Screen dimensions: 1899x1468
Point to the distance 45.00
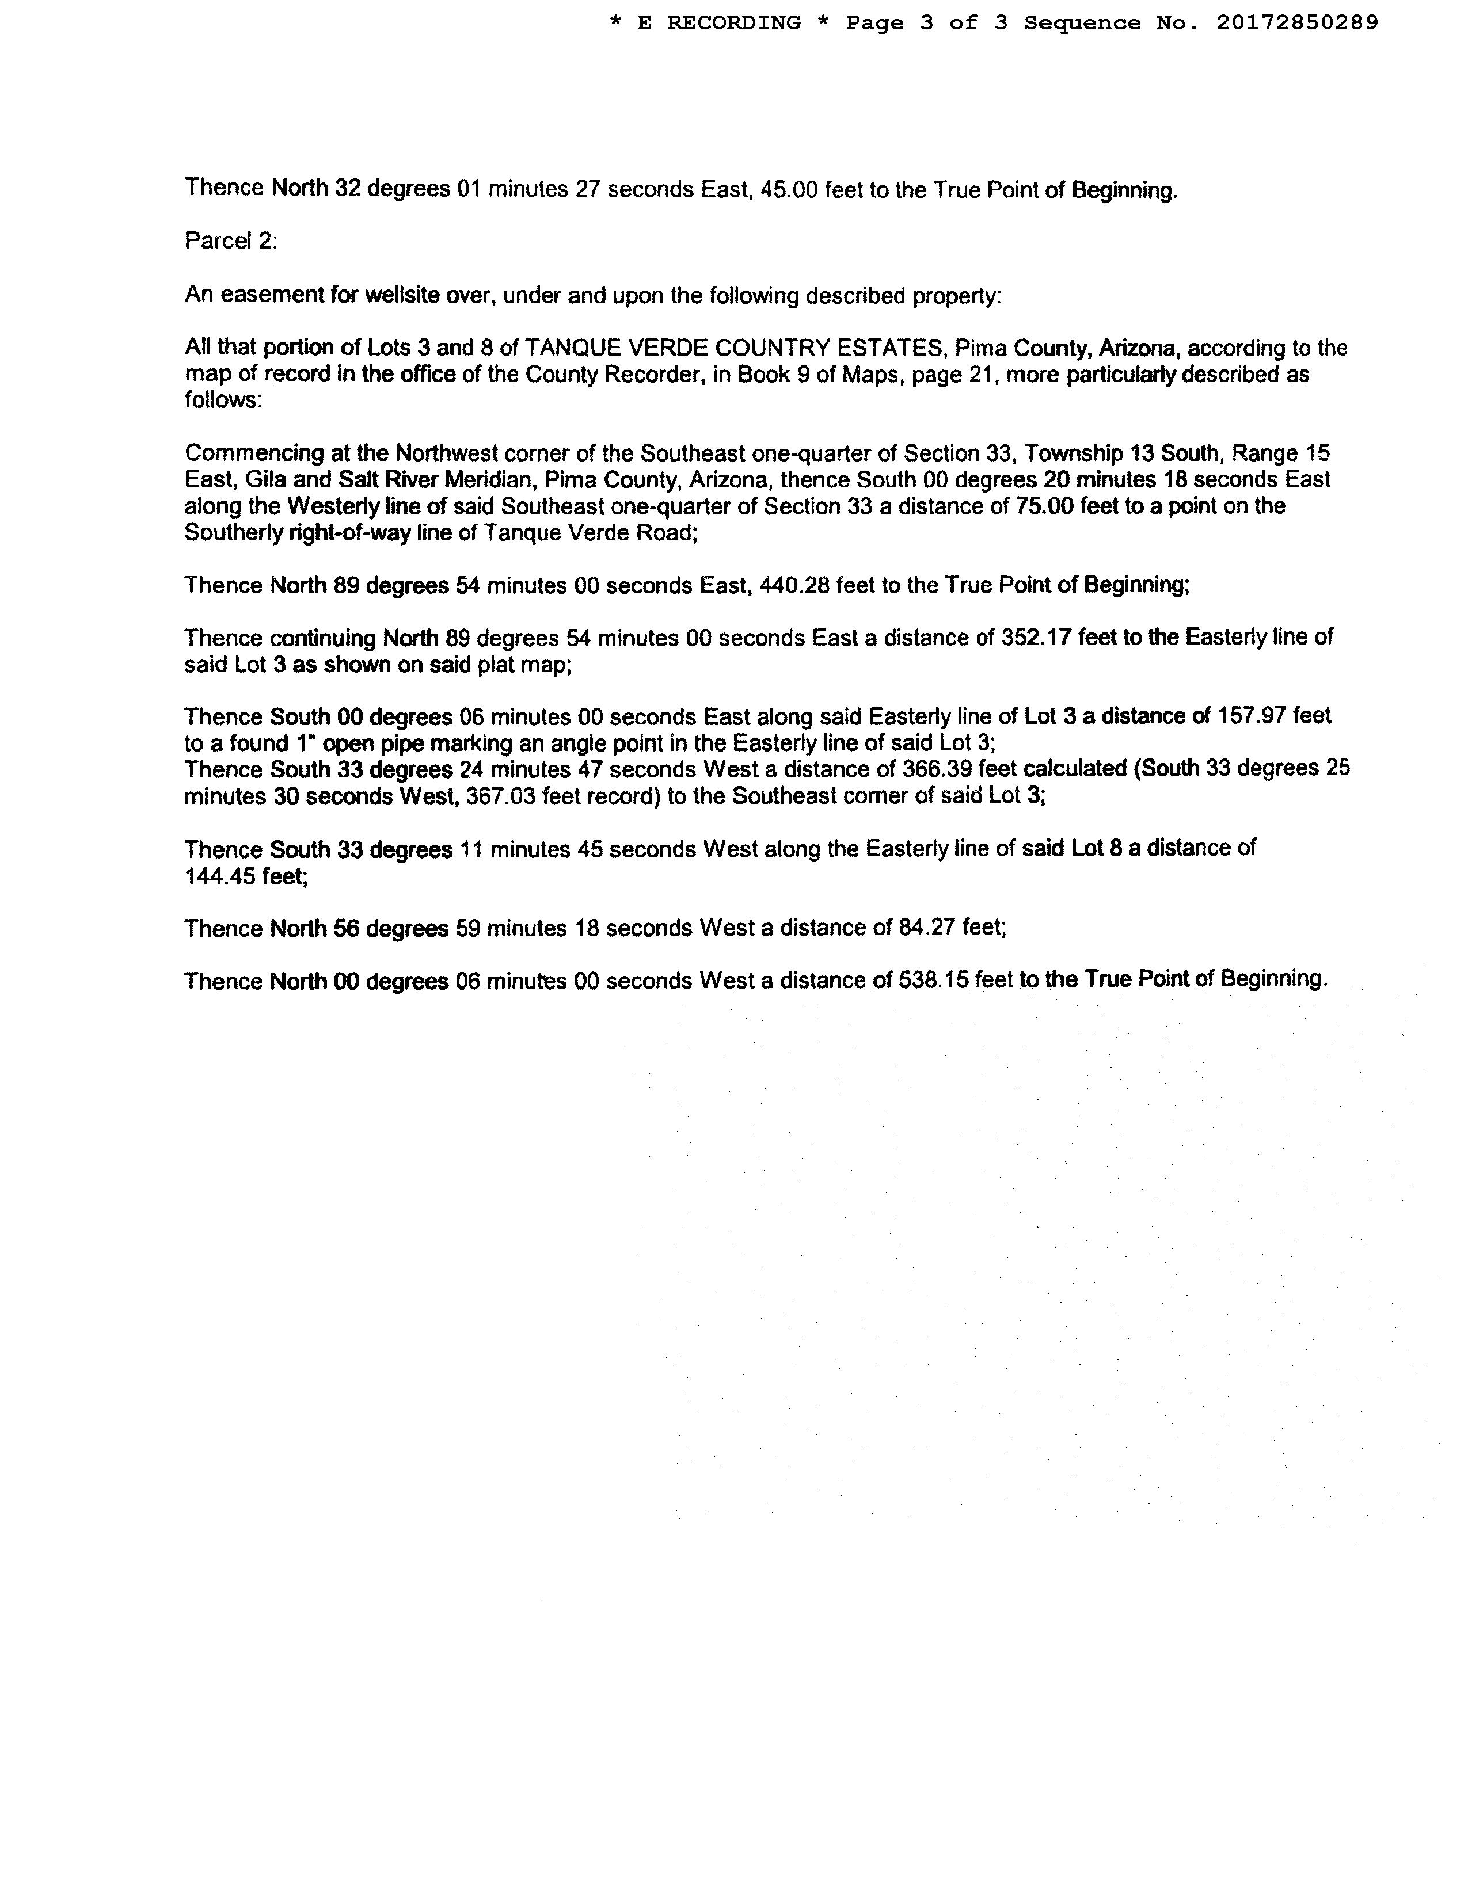[789, 189]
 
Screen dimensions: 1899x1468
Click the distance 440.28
[794, 585]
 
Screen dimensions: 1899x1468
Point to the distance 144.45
[220, 876]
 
